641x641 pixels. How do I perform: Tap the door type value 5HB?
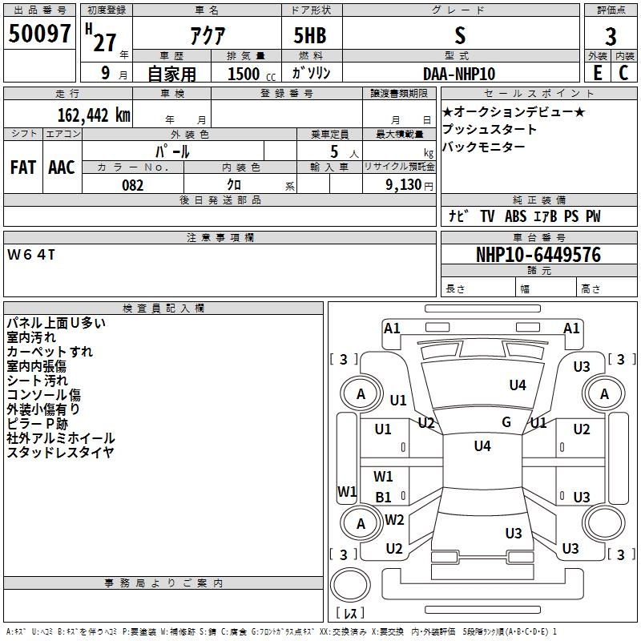click(309, 37)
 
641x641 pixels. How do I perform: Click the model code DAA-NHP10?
click(459, 73)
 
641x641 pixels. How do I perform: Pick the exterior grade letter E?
click(597, 72)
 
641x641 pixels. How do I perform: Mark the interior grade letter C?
click(623, 72)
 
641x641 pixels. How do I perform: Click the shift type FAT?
click(22, 167)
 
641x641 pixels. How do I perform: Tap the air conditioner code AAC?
click(62, 167)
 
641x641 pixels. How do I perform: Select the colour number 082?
click(132, 185)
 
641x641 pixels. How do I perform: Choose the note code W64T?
click(32, 255)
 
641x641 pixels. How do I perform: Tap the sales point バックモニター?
click(484, 147)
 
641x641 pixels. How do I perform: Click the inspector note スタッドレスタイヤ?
click(61, 453)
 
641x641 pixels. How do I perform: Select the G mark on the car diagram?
click(506, 422)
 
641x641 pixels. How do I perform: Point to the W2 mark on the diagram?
click(394, 520)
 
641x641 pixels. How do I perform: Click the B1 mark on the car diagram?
click(384, 497)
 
